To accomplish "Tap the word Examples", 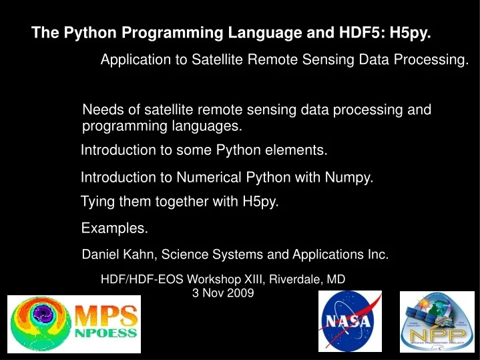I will [x=114, y=228].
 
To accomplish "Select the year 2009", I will [x=240, y=293].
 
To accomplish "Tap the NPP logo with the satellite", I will [x=436, y=321].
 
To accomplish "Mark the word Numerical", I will [x=206, y=177].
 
